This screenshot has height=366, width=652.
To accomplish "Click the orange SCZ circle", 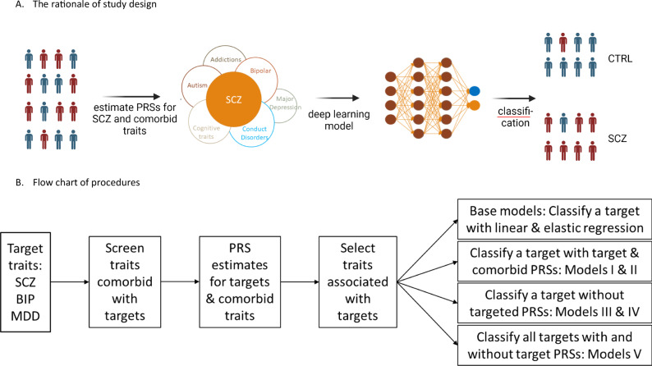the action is tap(234, 99).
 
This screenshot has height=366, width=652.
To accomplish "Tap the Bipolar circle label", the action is tap(260, 71).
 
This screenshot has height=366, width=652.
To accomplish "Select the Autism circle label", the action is tap(197, 85).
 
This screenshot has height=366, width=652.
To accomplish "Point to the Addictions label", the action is tap(226, 59).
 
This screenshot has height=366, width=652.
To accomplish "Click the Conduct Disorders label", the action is tap(255, 133).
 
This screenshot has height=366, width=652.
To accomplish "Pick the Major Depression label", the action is tap(285, 103).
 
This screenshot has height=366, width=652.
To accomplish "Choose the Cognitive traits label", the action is tap(206, 132).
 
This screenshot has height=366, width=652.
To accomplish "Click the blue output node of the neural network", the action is tap(474, 91).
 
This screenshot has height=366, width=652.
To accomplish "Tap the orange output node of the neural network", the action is tap(474, 106).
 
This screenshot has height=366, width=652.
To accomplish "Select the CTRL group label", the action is tap(620, 58).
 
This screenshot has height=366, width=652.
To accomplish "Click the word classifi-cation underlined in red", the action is tap(515, 117).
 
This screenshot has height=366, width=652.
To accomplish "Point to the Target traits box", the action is tap(25, 282).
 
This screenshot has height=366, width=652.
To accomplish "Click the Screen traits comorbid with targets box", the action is tap(125, 282).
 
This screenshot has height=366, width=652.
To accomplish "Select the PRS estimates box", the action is tap(240, 282).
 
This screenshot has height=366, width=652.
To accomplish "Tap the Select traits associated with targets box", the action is tap(357, 282).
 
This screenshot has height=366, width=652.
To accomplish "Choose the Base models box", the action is tap(555, 219).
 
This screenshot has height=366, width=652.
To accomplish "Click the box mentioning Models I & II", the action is tap(555, 261).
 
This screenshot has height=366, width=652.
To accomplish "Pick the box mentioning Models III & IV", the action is tap(555, 304).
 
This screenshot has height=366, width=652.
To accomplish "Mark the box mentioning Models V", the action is tap(555, 345).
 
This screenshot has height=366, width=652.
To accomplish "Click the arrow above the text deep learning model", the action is tap(337, 98).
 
